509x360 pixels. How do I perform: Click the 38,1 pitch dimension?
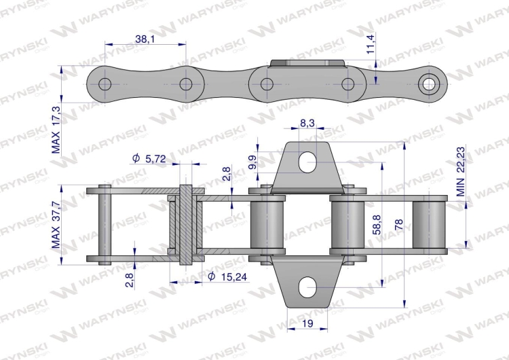[x=145, y=39]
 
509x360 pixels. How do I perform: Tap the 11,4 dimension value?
[x=371, y=43]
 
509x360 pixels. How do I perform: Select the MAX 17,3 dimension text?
[x=56, y=130]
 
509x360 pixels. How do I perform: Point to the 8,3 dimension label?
[x=307, y=123]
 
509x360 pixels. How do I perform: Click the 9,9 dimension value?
[x=253, y=162]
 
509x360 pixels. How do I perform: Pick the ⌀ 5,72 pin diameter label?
[x=149, y=158]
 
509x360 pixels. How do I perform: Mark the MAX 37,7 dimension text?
[x=56, y=225]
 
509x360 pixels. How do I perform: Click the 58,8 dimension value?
[x=377, y=225]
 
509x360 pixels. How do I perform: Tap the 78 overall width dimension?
[x=398, y=225]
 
